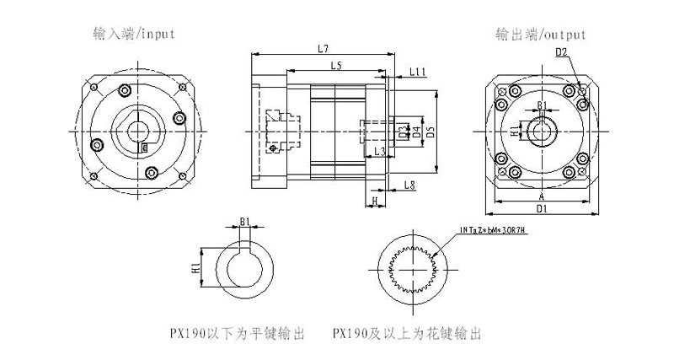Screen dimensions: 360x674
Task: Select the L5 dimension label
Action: pos(335,66)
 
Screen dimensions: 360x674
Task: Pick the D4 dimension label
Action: pos(415,132)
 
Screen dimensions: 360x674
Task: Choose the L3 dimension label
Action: pos(380,151)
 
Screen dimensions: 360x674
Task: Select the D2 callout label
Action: pos(562,53)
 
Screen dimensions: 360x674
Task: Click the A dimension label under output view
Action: pos(542,194)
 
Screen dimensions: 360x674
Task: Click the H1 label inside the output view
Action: pos(515,131)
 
